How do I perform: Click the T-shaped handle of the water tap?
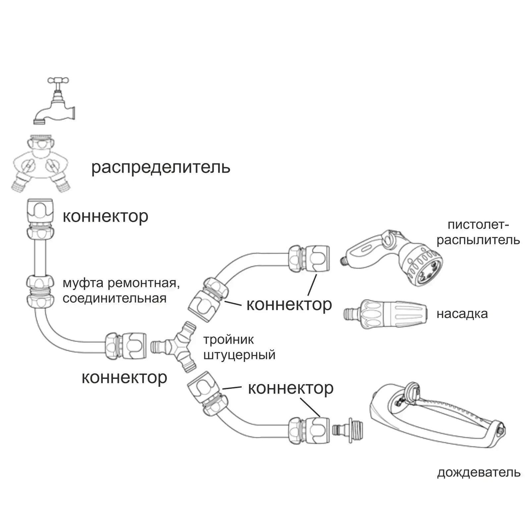pyautogui.click(x=59, y=81)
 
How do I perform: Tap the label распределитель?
pyautogui.click(x=161, y=167)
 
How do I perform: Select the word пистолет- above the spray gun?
pyautogui.click(x=478, y=225)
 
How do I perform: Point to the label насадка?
pyautogui.click(x=462, y=314)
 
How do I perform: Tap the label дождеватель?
pyautogui.click(x=479, y=472)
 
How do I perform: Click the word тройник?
pyautogui.click(x=228, y=340)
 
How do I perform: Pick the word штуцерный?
pyautogui.click(x=239, y=355)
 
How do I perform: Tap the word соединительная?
pyautogui.click(x=114, y=298)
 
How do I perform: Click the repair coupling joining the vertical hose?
pyautogui.click(x=40, y=291)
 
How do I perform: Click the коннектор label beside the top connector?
pyautogui.click(x=105, y=216)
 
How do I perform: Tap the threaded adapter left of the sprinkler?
pyautogui.click(x=348, y=430)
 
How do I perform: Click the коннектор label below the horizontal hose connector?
pyautogui.click(x=124, y=378)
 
